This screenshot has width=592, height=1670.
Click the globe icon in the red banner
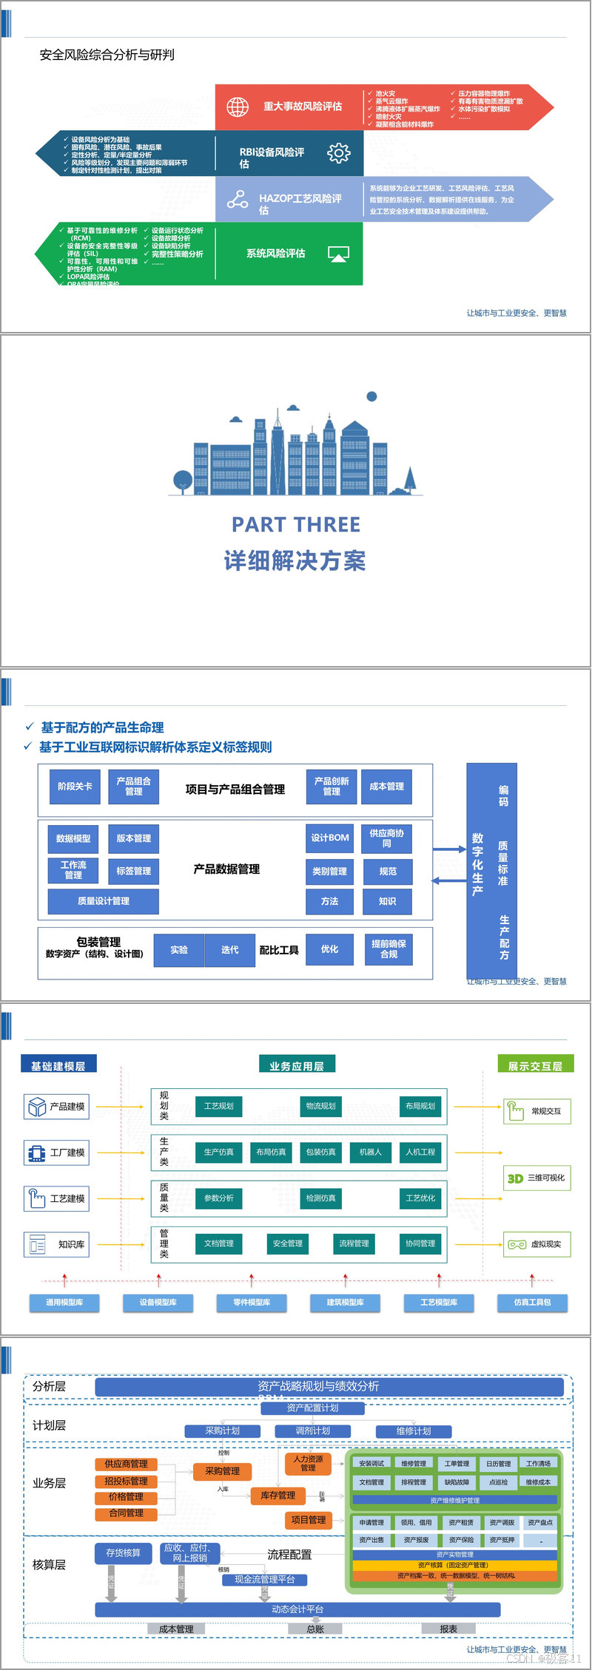[238, 106]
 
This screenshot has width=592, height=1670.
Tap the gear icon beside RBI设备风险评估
[338, 153]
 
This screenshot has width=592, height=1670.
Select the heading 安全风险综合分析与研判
[107, 55]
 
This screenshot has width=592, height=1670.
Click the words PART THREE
[296, 525]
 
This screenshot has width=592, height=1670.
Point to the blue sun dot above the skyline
[372, 396]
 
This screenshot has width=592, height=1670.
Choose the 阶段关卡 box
[75, 787]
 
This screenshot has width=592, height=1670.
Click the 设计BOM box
[329, 838]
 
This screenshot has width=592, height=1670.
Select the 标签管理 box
[133, 871]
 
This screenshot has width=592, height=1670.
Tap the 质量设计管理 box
[104, 901]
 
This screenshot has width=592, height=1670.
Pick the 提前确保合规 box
[388, 949]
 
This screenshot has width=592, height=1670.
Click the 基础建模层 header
[58, 1065]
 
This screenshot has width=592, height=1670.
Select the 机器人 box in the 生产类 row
[370, 1152]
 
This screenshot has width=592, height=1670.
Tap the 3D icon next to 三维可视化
[515, 1178]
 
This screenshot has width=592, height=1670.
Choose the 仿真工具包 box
[532, 1302]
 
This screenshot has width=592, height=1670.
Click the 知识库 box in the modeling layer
[57, 1244]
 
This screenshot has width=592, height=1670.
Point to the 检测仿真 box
[321, 1198]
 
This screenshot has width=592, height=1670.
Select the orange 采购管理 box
[222, 1471]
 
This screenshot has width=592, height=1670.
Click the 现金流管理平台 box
[265, 1579]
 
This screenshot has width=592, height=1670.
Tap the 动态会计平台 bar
[297, 1609]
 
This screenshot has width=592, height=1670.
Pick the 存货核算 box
[123, 1552]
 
